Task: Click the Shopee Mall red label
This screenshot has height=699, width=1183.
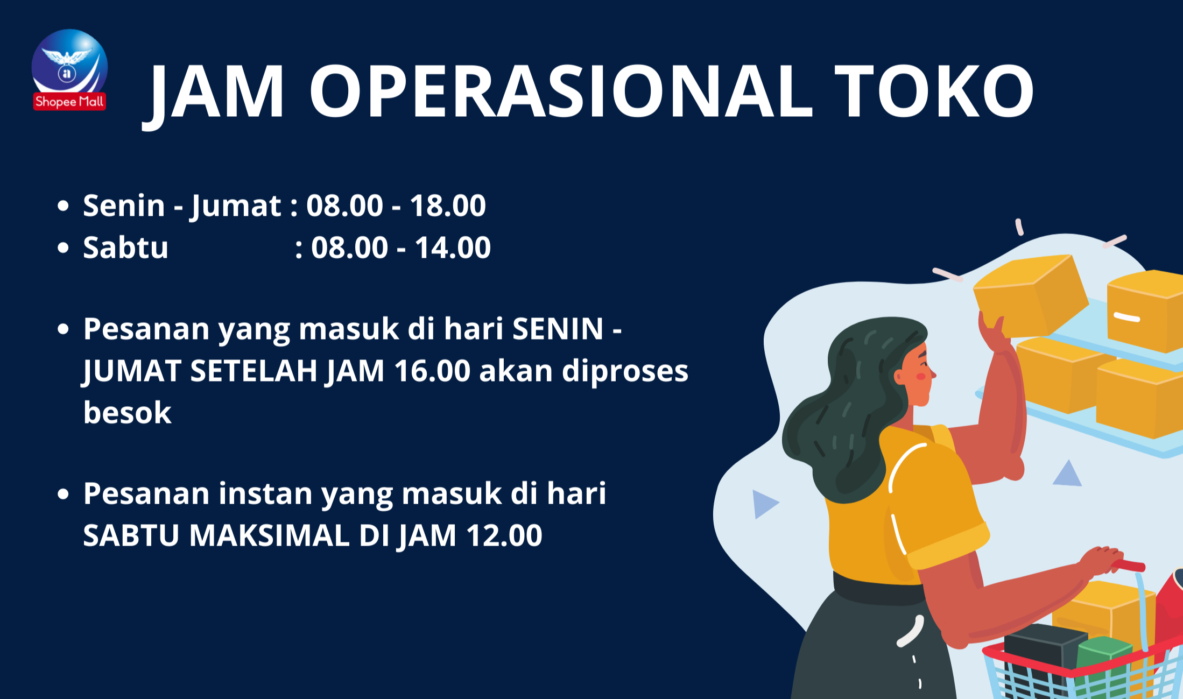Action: (69, 102)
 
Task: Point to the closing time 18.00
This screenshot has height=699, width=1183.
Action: (448, 206)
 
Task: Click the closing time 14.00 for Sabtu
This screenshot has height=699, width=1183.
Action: (453, 248)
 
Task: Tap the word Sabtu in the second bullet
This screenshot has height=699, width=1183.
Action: (125, 248)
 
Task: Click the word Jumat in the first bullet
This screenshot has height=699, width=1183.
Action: (236, 207)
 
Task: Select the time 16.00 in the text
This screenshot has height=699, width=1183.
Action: (432, 371)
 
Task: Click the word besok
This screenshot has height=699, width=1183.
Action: (127, 413)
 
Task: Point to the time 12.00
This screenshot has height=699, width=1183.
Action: (504, 535)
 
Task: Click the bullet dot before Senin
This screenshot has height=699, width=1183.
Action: (63, 206)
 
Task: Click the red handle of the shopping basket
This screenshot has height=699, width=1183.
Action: (1128, 566)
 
